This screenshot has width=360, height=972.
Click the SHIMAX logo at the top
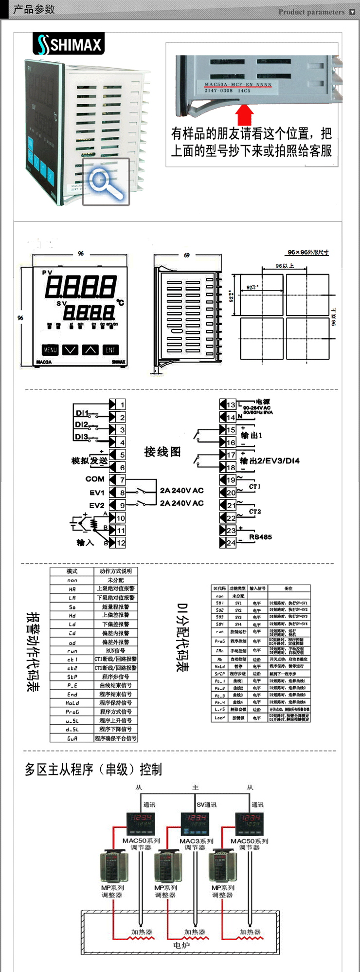click(69, 44)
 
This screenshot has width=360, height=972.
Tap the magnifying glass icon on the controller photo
click(106, 182)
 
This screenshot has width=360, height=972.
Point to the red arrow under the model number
click(245, 115)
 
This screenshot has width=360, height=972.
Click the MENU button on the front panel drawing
click(50, 349)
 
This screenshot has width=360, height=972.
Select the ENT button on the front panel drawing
click(110, 349)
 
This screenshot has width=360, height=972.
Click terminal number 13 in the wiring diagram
click(231, 405)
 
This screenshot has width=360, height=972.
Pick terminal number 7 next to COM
click(122, 479)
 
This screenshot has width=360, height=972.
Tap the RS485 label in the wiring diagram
click(260, 537)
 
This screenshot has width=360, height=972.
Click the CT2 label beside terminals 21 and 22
click(255, 512)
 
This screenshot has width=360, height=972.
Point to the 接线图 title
click(162, 452)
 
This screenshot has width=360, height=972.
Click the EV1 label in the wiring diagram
click(97, 493)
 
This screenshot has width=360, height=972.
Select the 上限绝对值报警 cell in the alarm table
click(115, 588)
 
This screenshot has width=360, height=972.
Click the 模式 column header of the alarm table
click(72, 571)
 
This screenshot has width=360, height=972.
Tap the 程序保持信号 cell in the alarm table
click(115, 703)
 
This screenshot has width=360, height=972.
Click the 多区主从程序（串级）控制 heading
click(93, 769)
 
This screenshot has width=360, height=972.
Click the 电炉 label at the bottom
click(181, 945)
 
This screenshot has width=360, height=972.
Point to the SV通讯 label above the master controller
click(207, 805)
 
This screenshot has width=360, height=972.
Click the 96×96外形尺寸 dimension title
click(308, 252)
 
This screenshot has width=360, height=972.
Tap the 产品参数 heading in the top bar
click(34, 9)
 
